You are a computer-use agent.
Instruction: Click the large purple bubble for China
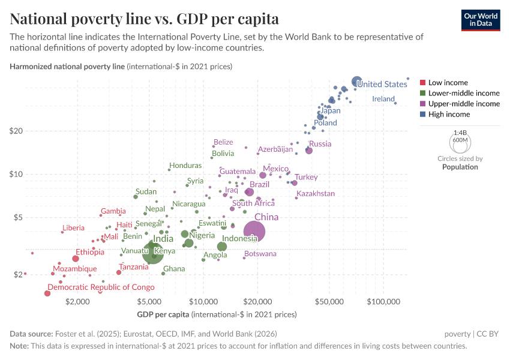click(254, 231)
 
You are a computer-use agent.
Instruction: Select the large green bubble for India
click(153, 253)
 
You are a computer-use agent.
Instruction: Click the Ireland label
click(383, 98)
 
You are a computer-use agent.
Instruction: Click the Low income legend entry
click(448, 82)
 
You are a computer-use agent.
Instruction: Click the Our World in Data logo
click(481, 20)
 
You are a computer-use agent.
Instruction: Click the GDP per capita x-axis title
click(217, 314)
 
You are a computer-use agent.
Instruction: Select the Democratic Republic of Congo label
click(101, 287)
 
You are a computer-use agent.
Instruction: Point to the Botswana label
click(260, 254)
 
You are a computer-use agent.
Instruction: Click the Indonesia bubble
click(222, 247)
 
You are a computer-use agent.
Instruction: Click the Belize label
click(223, 142)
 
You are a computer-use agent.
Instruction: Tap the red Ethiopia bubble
click(76, 259)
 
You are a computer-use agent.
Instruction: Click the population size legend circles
click(460, 142)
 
